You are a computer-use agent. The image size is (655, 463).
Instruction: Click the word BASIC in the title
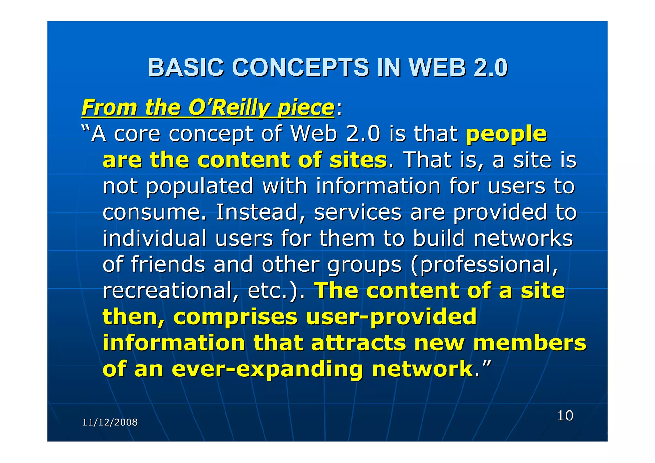tap(185, 68)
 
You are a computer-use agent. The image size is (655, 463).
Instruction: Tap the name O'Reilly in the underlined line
tap(229, 108)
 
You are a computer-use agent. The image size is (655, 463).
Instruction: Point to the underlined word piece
tap(306, 108)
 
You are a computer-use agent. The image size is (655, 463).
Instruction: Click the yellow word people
tap(506, 134)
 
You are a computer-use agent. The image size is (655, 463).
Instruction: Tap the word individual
tap(154, 239)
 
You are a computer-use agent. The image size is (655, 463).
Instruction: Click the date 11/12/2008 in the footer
tap(110, 422)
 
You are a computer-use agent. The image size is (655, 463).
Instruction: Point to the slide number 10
tap(565, 416)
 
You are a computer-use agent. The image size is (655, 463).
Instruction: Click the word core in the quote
tap(137, 134)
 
